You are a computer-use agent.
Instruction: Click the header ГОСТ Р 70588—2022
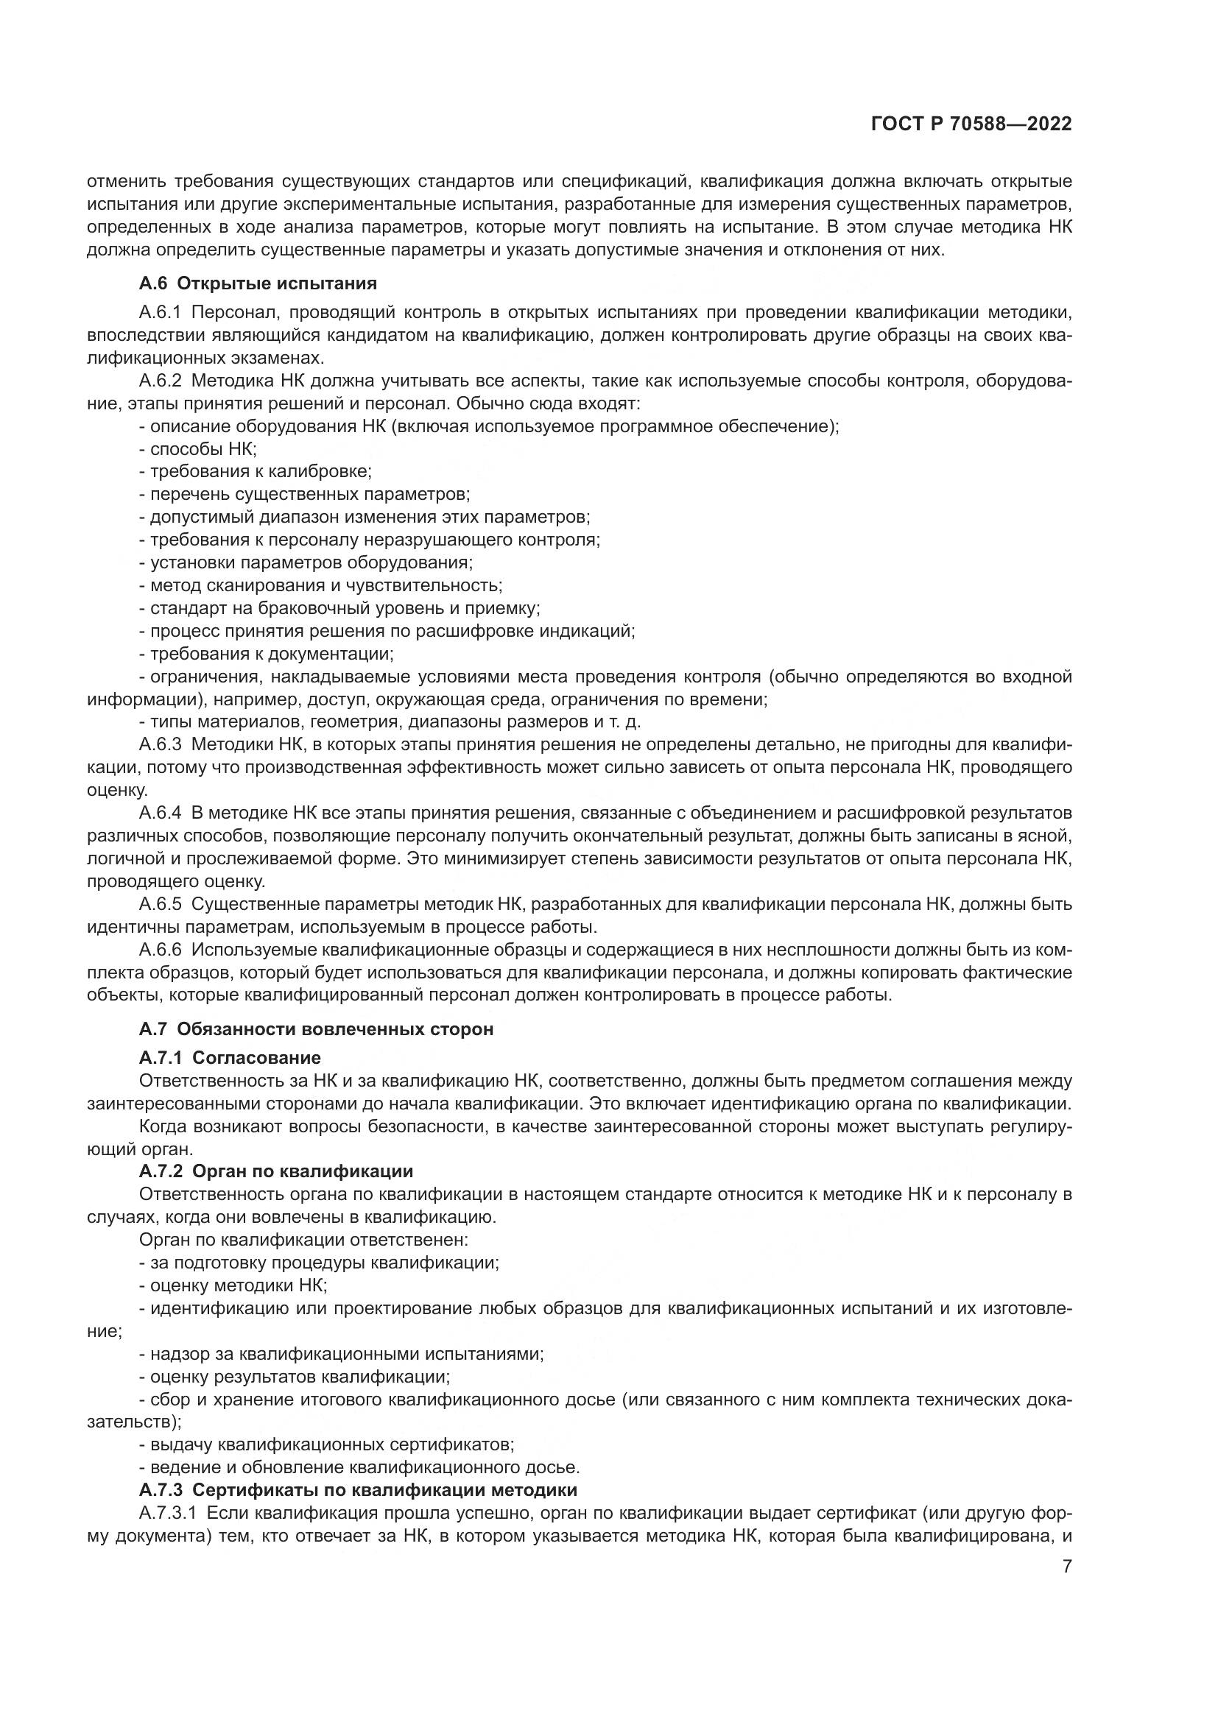pos(971,124)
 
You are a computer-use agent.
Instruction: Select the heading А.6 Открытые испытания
pos(257,283)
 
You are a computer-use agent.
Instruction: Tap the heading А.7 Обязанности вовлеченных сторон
pos(316,1029)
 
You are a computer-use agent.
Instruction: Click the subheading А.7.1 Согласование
pos(230,1057)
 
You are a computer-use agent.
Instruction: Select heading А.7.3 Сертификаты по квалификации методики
pos(358,1489)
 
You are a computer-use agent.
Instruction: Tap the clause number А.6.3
pos(160,744)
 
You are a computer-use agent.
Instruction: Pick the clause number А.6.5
pos(160,904)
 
